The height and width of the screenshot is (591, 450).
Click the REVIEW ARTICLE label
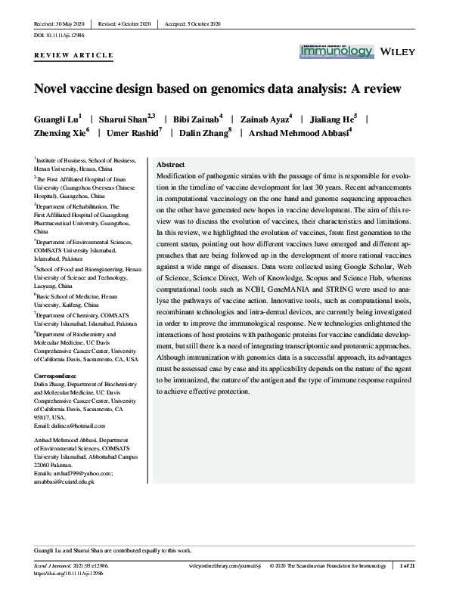(x=74, y=55)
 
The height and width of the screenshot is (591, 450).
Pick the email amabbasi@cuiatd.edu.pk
(x=64, y=481)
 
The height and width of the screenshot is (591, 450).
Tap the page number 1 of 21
(x=429, y=565)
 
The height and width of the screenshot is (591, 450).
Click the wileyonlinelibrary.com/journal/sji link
(x=220, y=565)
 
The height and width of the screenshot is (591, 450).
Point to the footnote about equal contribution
(x=110, y=549)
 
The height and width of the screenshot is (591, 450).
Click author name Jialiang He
(x=338, y=119)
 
